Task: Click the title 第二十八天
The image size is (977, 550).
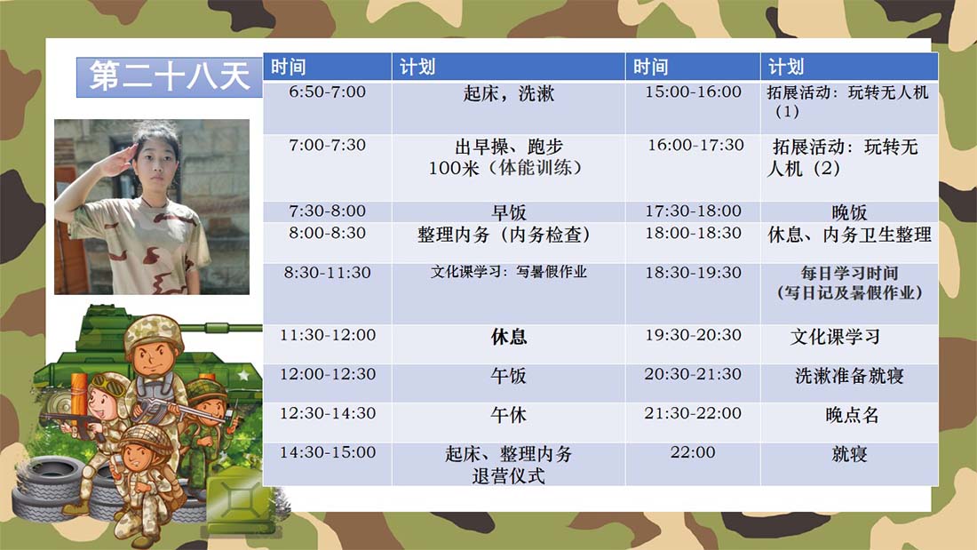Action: click(x=169, y=76)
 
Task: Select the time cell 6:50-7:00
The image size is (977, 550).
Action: click(x=327, y=92)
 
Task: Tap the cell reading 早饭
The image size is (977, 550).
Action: click(x=508, y=212)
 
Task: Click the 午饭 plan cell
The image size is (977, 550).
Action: click(x=508, y=375)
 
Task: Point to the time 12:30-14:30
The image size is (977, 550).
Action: click(x=327, y=413)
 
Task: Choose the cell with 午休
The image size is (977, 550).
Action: click(x=508, y=415)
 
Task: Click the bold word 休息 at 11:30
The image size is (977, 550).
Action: click(x=508, y=337)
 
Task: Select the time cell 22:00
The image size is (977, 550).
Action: click(x=692, y=452)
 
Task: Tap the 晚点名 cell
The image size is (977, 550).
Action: click(x=851, y=415)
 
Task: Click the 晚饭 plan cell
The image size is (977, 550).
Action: click(x=848, y=212)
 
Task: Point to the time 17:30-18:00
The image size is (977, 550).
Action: click(x=693, y=211)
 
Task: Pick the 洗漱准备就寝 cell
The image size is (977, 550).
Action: click(x=848, y=375)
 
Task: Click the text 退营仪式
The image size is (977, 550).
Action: click(x=508, y=475)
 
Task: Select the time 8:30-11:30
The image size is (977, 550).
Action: click(x=327, y=273)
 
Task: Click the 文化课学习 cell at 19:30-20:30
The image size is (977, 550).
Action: click(x=835, y=337)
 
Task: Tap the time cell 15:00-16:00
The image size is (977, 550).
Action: click(x=693, y=92)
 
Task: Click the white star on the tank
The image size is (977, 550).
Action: click(x=243, y=375)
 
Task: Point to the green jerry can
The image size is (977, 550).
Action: click(x=237, y=502)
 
